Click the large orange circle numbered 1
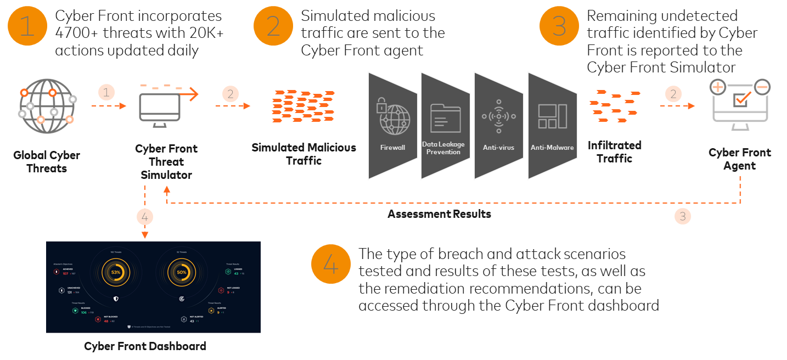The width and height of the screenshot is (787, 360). [x=27, y=26]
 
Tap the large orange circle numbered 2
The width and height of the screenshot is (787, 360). [x=273, y=26]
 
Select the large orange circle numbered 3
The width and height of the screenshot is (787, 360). [x=559, y=26]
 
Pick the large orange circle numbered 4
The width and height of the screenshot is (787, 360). [x=331, y=265]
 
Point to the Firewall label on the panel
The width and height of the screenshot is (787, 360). [x=392, y=148]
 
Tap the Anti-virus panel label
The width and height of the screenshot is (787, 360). [x=498, y=147]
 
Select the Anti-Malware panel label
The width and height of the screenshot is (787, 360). [x=552, y=147]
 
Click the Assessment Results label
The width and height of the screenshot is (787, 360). [x=439, y=214]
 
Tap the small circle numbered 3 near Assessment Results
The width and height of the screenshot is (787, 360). [x=683, y=216]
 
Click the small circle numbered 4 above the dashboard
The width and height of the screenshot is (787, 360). [x=145, y=217]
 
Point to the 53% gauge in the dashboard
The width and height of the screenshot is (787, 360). [x=116, y=272]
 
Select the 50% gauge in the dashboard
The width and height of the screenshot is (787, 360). [x=182, y=272]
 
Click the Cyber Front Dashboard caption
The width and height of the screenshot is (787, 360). [x=145, y=346]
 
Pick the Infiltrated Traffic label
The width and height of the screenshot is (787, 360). [x=615, y=152]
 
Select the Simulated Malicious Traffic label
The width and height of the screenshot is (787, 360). [x=303, y=154]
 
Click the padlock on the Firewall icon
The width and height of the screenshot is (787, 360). [x=381, y=106]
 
